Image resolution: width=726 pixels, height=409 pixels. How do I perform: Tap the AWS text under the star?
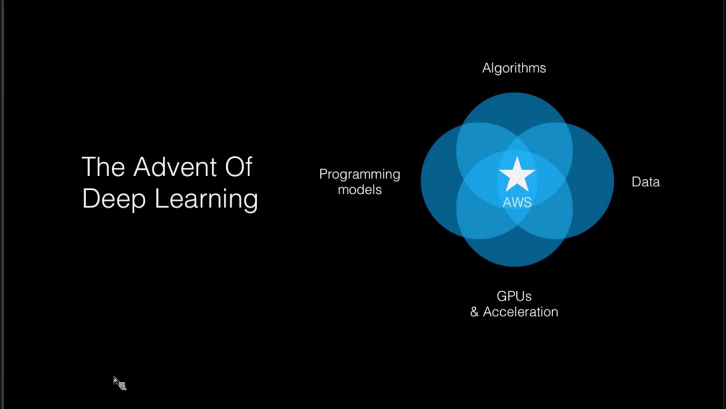[x=517, y=202]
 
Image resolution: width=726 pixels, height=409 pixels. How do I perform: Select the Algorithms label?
[x=514, y=68]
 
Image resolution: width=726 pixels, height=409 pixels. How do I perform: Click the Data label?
[x=645, y=182]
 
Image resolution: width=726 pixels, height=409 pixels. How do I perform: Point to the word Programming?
[x=360, y=174]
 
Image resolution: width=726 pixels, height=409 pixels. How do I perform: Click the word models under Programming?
[x=360, y=190]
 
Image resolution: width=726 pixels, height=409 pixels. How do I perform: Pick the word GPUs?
[x=514, y=296]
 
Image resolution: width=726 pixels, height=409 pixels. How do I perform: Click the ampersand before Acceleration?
[x=474, y=312]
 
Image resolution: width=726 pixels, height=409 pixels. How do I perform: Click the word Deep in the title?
[x=114, y=199]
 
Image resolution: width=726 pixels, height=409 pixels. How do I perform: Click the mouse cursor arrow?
[x=116, y=381]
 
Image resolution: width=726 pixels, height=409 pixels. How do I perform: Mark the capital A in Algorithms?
[x=486, y=68]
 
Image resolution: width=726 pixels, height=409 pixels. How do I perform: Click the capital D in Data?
[x=636, y=182]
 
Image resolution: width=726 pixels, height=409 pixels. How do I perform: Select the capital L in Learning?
[x=159, y=199]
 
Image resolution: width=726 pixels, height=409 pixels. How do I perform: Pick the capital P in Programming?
[x=323, y=174]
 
